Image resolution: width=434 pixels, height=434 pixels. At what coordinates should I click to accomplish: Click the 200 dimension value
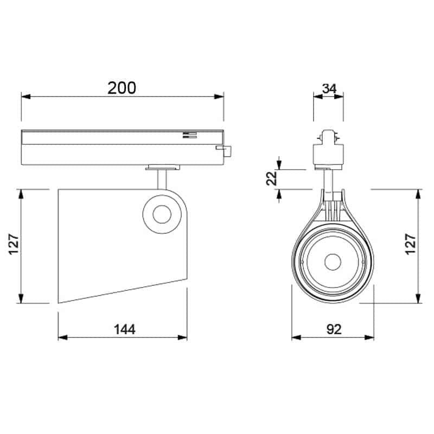point(122,87)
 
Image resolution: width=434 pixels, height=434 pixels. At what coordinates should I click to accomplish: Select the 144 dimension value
point(124,329)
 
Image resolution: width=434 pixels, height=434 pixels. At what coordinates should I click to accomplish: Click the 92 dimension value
point(334,329)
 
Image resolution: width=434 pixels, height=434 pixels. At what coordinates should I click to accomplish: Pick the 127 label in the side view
point(14,246)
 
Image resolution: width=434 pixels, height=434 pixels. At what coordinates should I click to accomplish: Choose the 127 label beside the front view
point(411,246)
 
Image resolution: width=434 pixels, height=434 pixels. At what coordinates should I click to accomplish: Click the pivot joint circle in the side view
point(161,215)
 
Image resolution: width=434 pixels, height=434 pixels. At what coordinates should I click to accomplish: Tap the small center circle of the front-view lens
point(333,263)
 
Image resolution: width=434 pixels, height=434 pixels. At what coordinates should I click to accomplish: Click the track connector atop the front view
point(328,146)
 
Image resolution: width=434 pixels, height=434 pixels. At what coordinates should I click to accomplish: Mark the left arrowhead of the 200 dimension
point(24,97)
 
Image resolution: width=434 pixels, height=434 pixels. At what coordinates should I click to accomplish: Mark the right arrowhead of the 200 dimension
point(220,97)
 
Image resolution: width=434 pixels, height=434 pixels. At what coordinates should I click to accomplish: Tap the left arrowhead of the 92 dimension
point(296,338)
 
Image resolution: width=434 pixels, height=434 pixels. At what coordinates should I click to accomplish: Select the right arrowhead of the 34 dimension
point(340,97)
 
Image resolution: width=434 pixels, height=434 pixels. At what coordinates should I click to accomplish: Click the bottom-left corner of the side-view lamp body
point(59,302)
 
